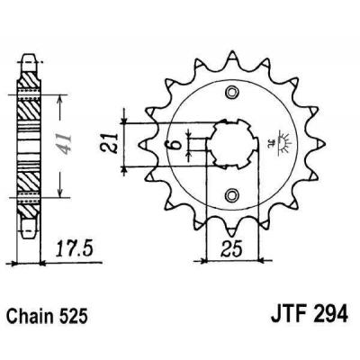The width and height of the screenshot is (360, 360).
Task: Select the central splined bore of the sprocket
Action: pyautogui.click(x=231, y=144)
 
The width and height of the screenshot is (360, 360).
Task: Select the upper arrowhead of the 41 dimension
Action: pyautogui.click(x=58, y=96)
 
